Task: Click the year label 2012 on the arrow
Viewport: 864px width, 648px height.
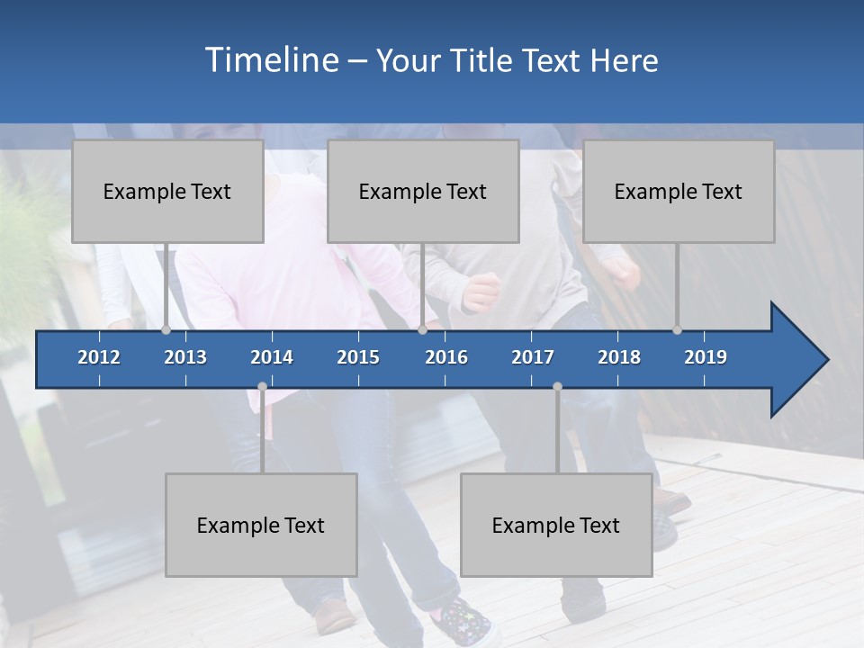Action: (x=99, y=357)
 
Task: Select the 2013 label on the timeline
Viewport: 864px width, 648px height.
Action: (x=185, y=357)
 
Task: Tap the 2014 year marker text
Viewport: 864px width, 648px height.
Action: (x=272, y=357)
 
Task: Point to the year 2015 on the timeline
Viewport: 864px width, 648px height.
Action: (x=358, y=357)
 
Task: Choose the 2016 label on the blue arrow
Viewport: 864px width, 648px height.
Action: (x=446, y=357)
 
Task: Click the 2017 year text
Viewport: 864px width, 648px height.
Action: (x=533, y=357)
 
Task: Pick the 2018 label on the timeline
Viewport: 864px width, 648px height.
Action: (x=619, y=357)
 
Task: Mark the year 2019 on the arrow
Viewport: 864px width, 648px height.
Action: (x=706, y=357)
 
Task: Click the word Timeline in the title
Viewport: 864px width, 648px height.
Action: (x=271, y=60)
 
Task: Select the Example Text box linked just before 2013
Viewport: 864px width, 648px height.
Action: (x=167, y=191)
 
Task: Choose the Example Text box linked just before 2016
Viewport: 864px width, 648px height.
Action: (x=423, y=191)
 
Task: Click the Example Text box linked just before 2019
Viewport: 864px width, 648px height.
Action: (x=679, y=191)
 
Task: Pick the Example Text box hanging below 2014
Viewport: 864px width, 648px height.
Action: (x=261, y=525)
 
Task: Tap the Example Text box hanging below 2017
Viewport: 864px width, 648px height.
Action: (x=556, y=525)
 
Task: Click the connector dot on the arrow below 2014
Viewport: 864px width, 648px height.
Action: (x=262, y=387)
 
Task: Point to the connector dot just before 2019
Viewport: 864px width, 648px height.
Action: (x=677, y=330)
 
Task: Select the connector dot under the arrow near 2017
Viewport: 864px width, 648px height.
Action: (x=557, y=387)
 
